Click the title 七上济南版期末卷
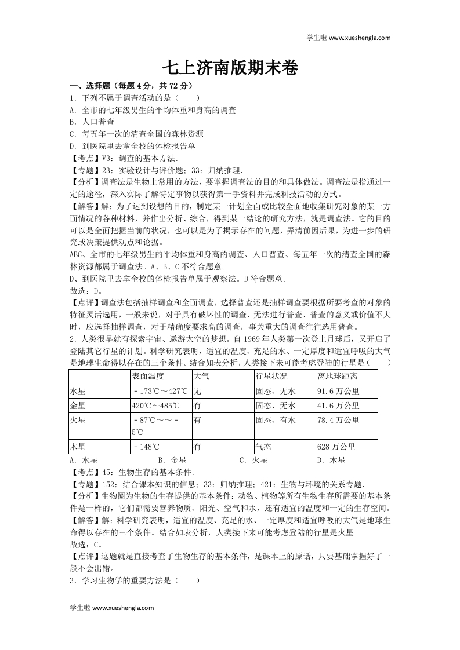[x=230, y=69]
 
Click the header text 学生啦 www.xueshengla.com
[x=348, y=38]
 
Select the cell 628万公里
[x=336, y=447]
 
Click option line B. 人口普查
[x=91, y=122]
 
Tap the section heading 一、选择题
[x=92, y=85]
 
